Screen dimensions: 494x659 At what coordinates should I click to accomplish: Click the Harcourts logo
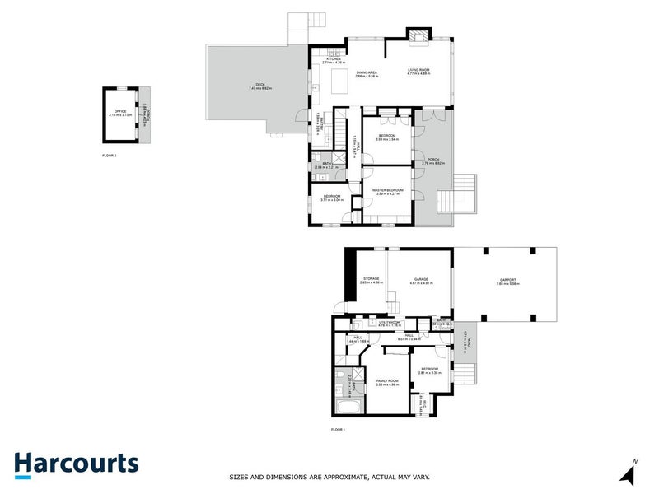[76, 464]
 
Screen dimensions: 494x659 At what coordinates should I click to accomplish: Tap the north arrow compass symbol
[628, 473]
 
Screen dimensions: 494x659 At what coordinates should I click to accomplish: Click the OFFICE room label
[119, 114]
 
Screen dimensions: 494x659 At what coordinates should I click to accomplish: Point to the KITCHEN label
[333, 60]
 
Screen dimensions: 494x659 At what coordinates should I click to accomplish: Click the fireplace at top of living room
[418, 35]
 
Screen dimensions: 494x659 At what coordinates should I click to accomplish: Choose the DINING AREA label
[367, 73]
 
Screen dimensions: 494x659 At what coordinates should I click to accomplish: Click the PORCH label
[433, 160]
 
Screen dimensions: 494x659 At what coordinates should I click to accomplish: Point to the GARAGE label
[420, 280]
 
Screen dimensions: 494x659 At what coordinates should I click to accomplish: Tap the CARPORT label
[506, 280]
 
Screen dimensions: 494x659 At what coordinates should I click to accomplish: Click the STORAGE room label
[371, 280]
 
